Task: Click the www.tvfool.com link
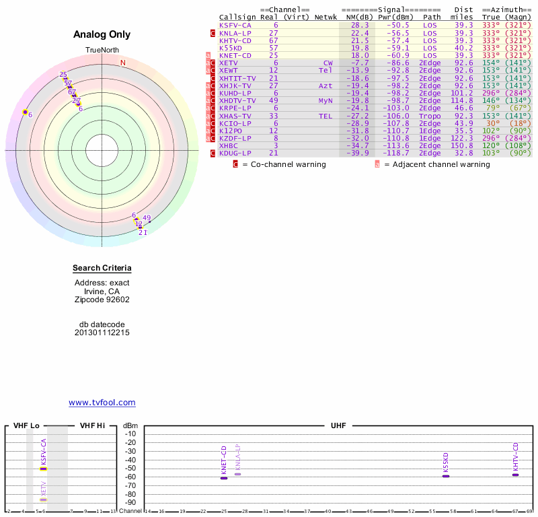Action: [x=102, y=403]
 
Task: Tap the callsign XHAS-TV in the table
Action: [x=235, y=116]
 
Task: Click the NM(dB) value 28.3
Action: [x=359, y=25]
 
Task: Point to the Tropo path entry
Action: [x=432, y=116]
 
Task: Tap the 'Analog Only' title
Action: [x=102, y=35]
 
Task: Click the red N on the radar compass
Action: [x=123, y=63]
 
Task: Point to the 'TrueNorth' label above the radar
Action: [x=102, y=50]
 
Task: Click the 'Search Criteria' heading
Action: [x=102, y=269]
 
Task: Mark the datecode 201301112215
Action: [x=102, y=333]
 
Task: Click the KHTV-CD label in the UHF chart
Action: [x=515, y=457]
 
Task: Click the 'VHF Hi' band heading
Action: [x=92, y=425]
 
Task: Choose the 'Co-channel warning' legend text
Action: [x=284, y=164]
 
